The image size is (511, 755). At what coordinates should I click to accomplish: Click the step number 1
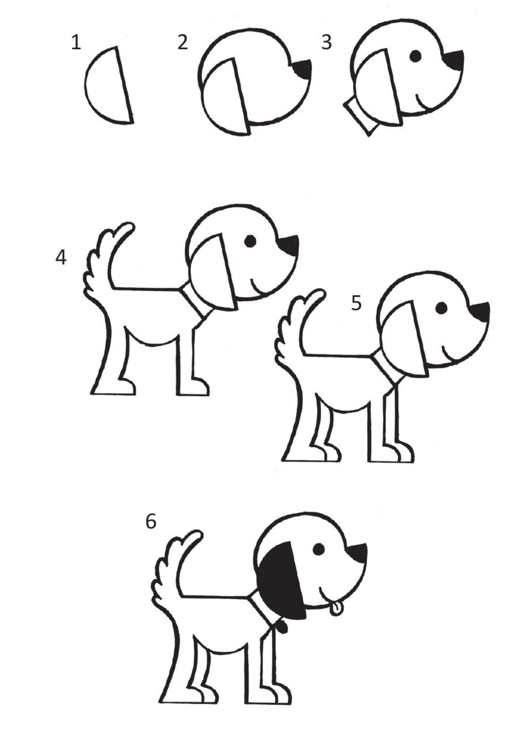point(76,42)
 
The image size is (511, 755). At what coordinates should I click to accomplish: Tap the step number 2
point(183,42)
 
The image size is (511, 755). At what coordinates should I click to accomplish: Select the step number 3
point(326,42)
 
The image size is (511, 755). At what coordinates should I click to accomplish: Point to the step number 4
point(61,257)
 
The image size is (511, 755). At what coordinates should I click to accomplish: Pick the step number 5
point(356,303)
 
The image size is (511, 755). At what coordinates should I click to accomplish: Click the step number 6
point(151,521)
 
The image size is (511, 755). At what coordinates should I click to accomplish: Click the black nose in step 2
point(303,69)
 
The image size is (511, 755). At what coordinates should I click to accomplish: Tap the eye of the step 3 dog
point(416,56)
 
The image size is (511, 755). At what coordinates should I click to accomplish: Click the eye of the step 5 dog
point(442,308)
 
